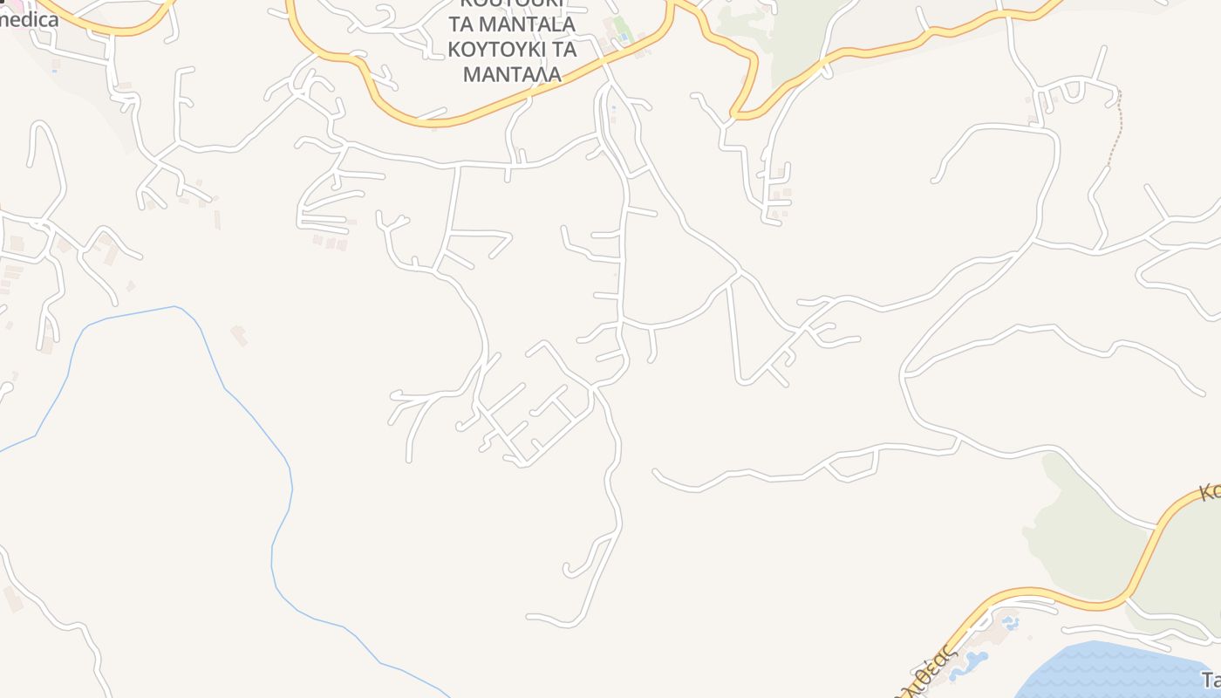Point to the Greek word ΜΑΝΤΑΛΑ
click(x=511, y=74)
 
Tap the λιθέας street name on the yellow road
click(x=933, y=668)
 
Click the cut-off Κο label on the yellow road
click(x=1209, y=490)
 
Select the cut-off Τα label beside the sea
click(x=1211, y=680)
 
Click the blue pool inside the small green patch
click(x=623, y=37)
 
